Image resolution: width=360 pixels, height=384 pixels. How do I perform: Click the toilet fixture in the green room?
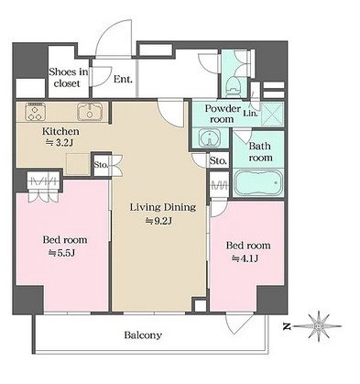(235, 85)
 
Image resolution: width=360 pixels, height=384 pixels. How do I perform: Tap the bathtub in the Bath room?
(258, 182)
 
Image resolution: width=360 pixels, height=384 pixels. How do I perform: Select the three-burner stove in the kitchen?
(36, 112)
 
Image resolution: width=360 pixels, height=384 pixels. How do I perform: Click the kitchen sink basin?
(89, 112)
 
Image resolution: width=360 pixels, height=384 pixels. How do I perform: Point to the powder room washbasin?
(210, 137)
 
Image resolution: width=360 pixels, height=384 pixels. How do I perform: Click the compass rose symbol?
(318, 326)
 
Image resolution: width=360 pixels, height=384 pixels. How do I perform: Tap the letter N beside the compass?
(286, 326)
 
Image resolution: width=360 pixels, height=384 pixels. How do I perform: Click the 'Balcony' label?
(143, 335)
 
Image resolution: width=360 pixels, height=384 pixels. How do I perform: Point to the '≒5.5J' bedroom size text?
(62, 253)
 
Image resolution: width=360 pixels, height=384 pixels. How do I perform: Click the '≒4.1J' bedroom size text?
(245, 258)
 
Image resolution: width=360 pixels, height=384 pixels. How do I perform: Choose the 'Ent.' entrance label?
(123, 79)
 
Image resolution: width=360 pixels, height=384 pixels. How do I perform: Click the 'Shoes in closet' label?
(69, 78)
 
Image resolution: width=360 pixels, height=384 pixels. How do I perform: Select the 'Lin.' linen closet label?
(251, 114)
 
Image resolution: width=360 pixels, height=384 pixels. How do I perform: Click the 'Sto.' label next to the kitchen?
(101, 165)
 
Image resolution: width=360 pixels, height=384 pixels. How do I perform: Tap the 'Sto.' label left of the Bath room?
(218, 160)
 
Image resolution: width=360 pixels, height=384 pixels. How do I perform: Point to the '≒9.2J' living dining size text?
(158, 221)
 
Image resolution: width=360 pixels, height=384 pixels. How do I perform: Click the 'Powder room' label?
(223, 114)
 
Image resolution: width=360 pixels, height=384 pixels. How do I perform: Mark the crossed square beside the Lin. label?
(272, 114)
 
